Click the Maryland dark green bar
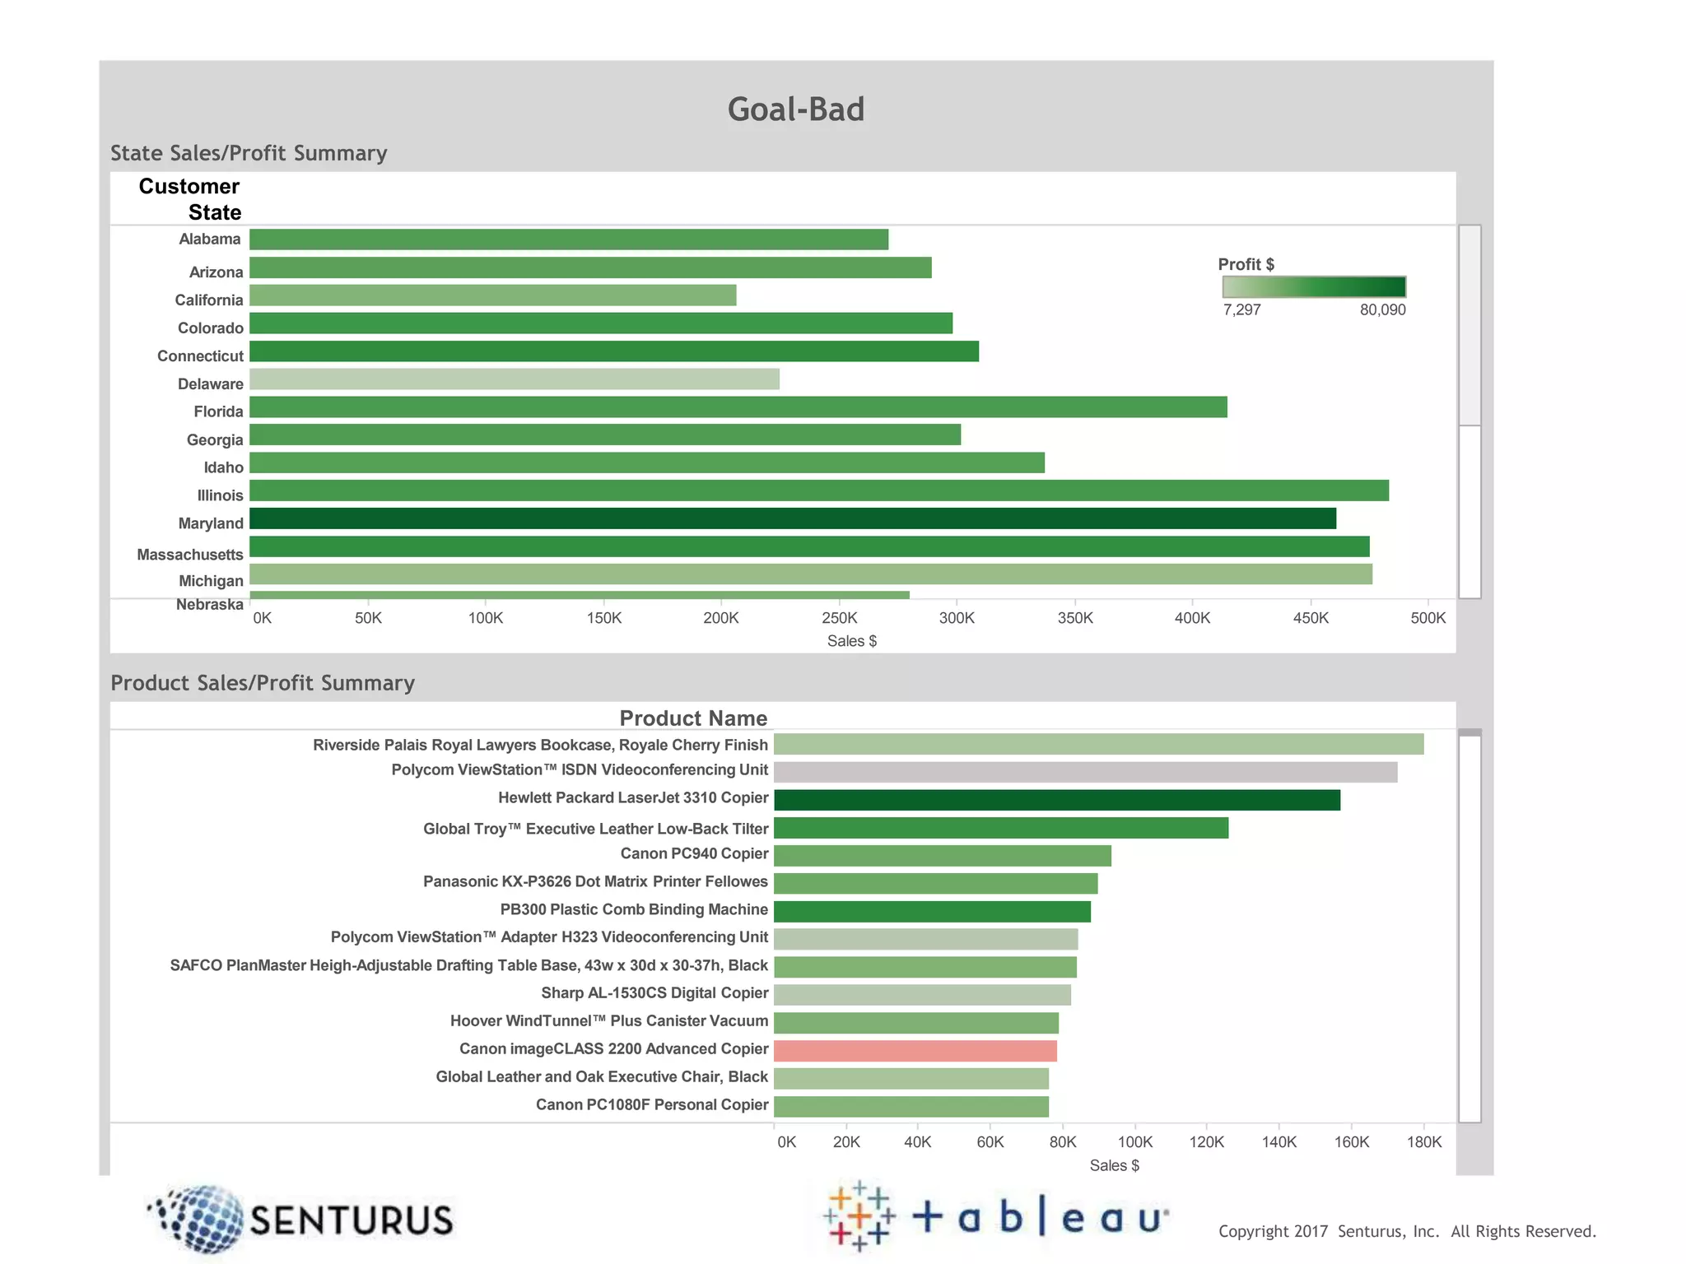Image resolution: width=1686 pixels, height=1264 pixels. [792, 518]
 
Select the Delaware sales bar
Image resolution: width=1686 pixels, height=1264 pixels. [514, 379]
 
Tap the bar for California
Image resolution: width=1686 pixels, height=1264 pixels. [492, 295]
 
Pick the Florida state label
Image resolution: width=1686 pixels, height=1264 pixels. [218, 411]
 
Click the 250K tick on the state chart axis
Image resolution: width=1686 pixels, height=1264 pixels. [839, 618]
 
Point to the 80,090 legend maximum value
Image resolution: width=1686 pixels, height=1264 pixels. [1382, 310]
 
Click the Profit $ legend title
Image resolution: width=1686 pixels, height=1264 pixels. [1246, 264]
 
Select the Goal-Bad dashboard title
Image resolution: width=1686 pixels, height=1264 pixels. [795, 109]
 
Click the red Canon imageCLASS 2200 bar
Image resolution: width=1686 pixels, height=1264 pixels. [915, 1051]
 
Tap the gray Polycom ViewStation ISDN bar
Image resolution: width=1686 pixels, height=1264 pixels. [1085, 772]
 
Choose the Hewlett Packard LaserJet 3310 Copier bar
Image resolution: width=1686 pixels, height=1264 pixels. [1056, 800]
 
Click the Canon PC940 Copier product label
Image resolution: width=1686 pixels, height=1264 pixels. [694, 853]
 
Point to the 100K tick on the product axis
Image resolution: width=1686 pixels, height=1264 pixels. [1134, 1142]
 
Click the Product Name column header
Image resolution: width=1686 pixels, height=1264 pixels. [693, 718]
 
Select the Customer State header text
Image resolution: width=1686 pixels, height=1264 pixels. [190, 199]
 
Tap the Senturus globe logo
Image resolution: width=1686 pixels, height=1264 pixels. [199, 1220]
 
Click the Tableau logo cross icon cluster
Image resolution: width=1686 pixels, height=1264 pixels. [859, 1216]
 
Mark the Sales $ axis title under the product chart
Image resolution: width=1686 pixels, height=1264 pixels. [1114, 1165]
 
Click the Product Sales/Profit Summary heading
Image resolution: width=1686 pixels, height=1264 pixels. [263, 683]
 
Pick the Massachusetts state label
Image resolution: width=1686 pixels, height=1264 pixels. [190, 555]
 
